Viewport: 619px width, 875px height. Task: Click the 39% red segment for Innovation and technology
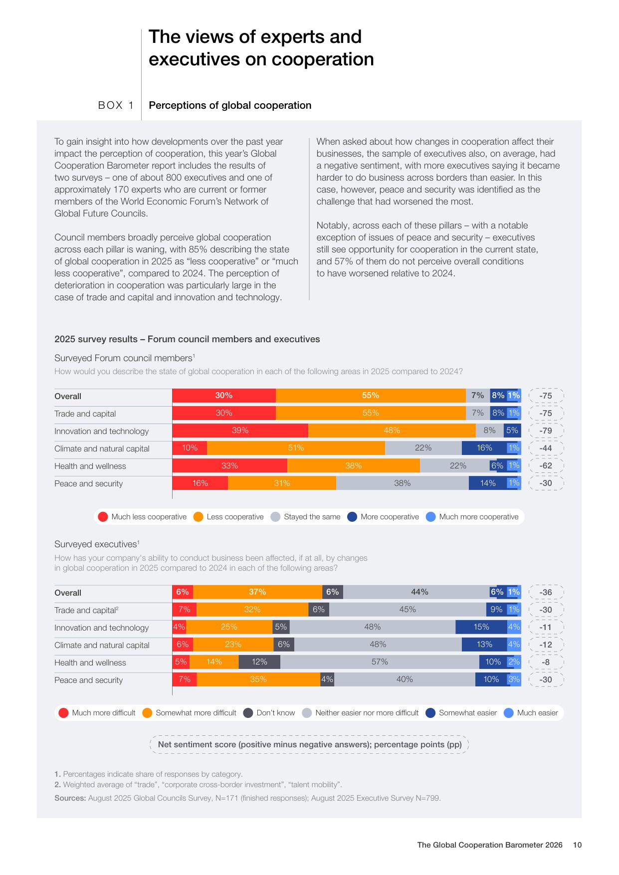point(240,431)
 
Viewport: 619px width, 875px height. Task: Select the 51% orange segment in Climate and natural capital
point(296,448)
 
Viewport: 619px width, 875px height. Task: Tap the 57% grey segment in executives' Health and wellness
point(380,662)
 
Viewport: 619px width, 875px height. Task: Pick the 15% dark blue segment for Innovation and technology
point(481,627)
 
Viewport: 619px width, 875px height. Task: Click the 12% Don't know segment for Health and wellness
point(259,662)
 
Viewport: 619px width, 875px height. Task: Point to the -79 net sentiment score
point(546,431)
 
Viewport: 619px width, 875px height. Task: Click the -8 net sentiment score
point(546,662)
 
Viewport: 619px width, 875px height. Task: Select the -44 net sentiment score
point(546,448)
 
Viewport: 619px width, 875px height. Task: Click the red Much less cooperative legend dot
point(103,517)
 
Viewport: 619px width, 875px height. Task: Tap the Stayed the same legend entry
point(305,517)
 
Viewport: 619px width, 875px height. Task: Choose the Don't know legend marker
point(248,713)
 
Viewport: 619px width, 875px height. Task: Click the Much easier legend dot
point(509,713)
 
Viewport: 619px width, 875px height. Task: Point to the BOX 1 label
point(116,105)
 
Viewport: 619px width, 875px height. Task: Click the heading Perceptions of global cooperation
point(230,105)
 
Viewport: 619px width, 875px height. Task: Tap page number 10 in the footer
point(577,845)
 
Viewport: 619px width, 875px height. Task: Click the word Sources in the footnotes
point(70,798)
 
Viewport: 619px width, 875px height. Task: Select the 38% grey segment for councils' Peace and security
point(403,483)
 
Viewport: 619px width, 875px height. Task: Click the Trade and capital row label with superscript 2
point(86,610)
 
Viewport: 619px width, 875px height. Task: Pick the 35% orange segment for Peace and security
point(258,679)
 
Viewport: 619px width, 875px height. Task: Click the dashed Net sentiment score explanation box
point(309,744)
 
